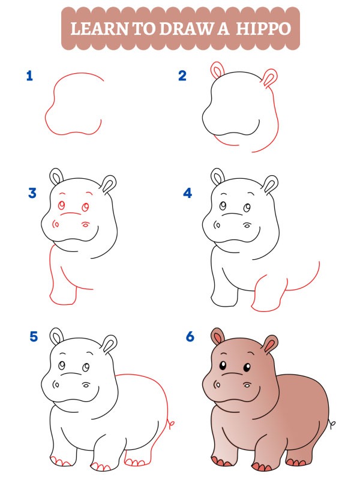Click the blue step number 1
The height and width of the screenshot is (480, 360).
pyautogui.click(x=29, y=76)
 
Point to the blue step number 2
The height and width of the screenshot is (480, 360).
pyautogui.click(x=182, y=76)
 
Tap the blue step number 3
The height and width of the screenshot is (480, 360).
pyautogui.click(x=32, y=193)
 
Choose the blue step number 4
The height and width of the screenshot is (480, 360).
pyautogui.click(x=188, y=193)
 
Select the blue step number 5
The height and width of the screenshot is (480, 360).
pyautogui.click(x=34, y=337)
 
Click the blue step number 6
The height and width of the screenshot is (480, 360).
pyautogui.click(x=190, y=337)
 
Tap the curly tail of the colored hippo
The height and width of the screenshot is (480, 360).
pyautogui.click(x=331, y=425)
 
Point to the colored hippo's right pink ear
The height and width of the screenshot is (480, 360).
pyautogui.click(x=271, y=345)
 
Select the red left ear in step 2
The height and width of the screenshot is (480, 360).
pyautogui.click(x=216, y=70)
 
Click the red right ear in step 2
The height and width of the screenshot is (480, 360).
pyautogui.click(x=271, y=78)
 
